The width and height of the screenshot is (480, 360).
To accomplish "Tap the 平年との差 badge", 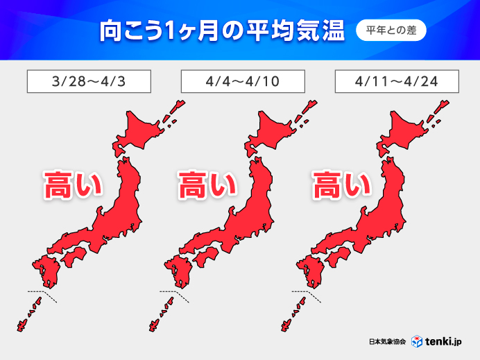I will tap(391, 31).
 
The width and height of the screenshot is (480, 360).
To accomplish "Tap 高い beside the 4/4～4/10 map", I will tap(207, 185).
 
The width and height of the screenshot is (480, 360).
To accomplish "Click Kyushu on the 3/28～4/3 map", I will tap(46, 271).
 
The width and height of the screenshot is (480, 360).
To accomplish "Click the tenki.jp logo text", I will tap(445, 342).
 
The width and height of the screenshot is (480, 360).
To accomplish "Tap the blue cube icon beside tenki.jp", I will tap(417, 342).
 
